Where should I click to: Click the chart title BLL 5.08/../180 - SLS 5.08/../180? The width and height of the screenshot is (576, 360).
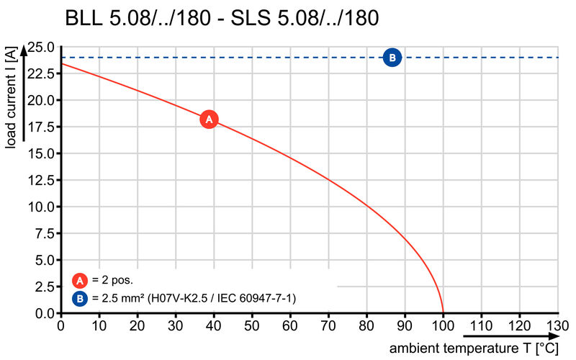point(222,18)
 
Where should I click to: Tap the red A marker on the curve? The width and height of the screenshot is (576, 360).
point(209,120)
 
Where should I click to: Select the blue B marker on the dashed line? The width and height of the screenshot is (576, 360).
point(392,58)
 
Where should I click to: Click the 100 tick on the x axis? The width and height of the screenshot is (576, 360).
point(443,325)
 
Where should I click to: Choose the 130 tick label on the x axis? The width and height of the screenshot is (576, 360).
point(557,325)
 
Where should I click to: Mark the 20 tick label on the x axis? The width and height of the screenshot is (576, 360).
point(137,325)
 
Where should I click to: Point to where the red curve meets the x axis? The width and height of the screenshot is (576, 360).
point(443,313)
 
